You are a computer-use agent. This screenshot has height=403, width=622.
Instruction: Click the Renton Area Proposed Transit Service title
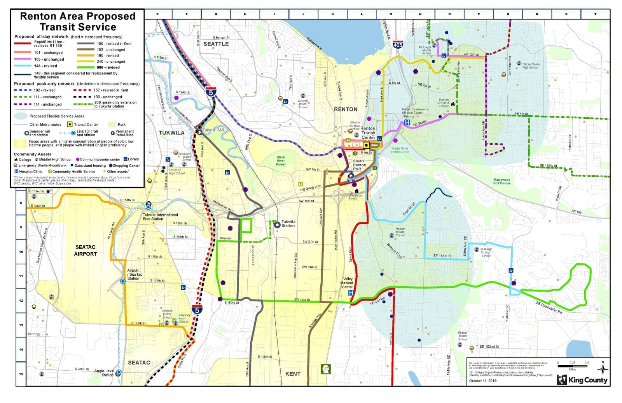pos(78,22)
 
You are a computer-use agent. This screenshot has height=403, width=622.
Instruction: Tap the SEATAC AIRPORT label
pos(86,250)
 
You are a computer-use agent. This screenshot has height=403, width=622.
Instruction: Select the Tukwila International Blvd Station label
pos(160,216)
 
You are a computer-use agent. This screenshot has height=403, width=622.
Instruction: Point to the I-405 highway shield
pos(398,44)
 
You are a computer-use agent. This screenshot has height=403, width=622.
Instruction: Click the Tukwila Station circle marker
pos(277,225)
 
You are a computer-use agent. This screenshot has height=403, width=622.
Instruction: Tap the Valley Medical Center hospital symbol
pos(351,292)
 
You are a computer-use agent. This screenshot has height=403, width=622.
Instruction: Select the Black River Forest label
pos(281,161)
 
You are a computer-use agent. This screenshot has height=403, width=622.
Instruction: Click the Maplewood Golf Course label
pos(502,181)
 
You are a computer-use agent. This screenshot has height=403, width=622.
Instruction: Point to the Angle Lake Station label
pos(104,373)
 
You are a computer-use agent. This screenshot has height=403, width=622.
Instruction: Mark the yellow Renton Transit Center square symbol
pos(366,145)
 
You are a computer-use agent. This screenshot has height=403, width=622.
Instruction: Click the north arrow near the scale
pos(603,367)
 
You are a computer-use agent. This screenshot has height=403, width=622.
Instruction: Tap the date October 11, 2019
pos(482,380)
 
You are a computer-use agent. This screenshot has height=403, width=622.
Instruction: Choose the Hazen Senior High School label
pos(531,66)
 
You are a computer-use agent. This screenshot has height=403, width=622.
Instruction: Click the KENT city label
pos(293,374)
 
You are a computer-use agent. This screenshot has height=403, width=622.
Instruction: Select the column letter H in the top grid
pos(245,14)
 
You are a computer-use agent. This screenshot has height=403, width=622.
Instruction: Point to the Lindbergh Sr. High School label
pos(486,252)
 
